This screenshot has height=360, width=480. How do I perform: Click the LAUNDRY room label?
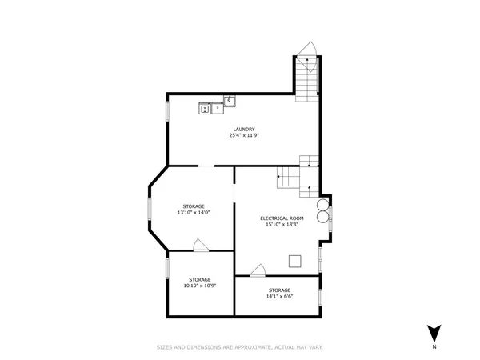point(244,129)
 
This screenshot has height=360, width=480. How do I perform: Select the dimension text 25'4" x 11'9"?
point(244,135)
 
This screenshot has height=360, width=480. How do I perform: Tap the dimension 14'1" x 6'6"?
point(279,296)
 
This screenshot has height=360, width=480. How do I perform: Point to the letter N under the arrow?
point(434,347)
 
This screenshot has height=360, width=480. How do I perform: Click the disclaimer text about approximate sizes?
point(239,347)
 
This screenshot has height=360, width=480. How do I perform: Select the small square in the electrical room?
point(295,259)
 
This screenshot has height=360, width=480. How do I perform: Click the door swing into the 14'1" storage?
point(258,270)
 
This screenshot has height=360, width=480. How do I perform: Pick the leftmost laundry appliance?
point(206,107)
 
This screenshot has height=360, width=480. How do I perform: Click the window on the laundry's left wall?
point(167,111)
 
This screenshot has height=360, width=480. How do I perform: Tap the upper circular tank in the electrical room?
point(322,203)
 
